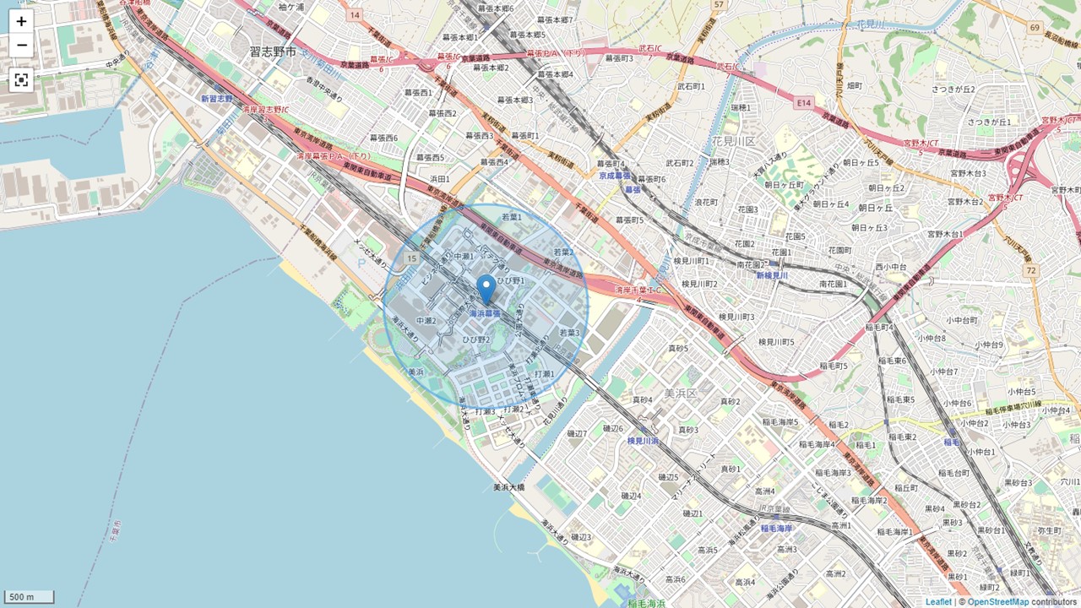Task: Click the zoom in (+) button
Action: (21, 21)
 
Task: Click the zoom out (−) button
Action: (21, 45)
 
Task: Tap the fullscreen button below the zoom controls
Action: (21, 80)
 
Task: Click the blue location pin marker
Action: (486, 290)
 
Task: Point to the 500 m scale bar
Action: (30, 597)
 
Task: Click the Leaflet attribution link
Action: (938, 602)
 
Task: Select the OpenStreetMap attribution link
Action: (997, 602)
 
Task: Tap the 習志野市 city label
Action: (273, 52)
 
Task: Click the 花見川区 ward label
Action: (733, 140)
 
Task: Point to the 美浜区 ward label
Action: (679, 394)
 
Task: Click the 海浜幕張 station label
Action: (485, 314)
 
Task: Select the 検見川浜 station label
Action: (643, 441)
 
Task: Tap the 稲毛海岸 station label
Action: (776, 529)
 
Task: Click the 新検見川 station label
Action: (772, 275)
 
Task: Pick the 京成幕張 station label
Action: (615, 176)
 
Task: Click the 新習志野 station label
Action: (216, 99)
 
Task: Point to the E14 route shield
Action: (803, 102)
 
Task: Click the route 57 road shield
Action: (719, 5)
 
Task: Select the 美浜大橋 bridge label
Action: (509, 487)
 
